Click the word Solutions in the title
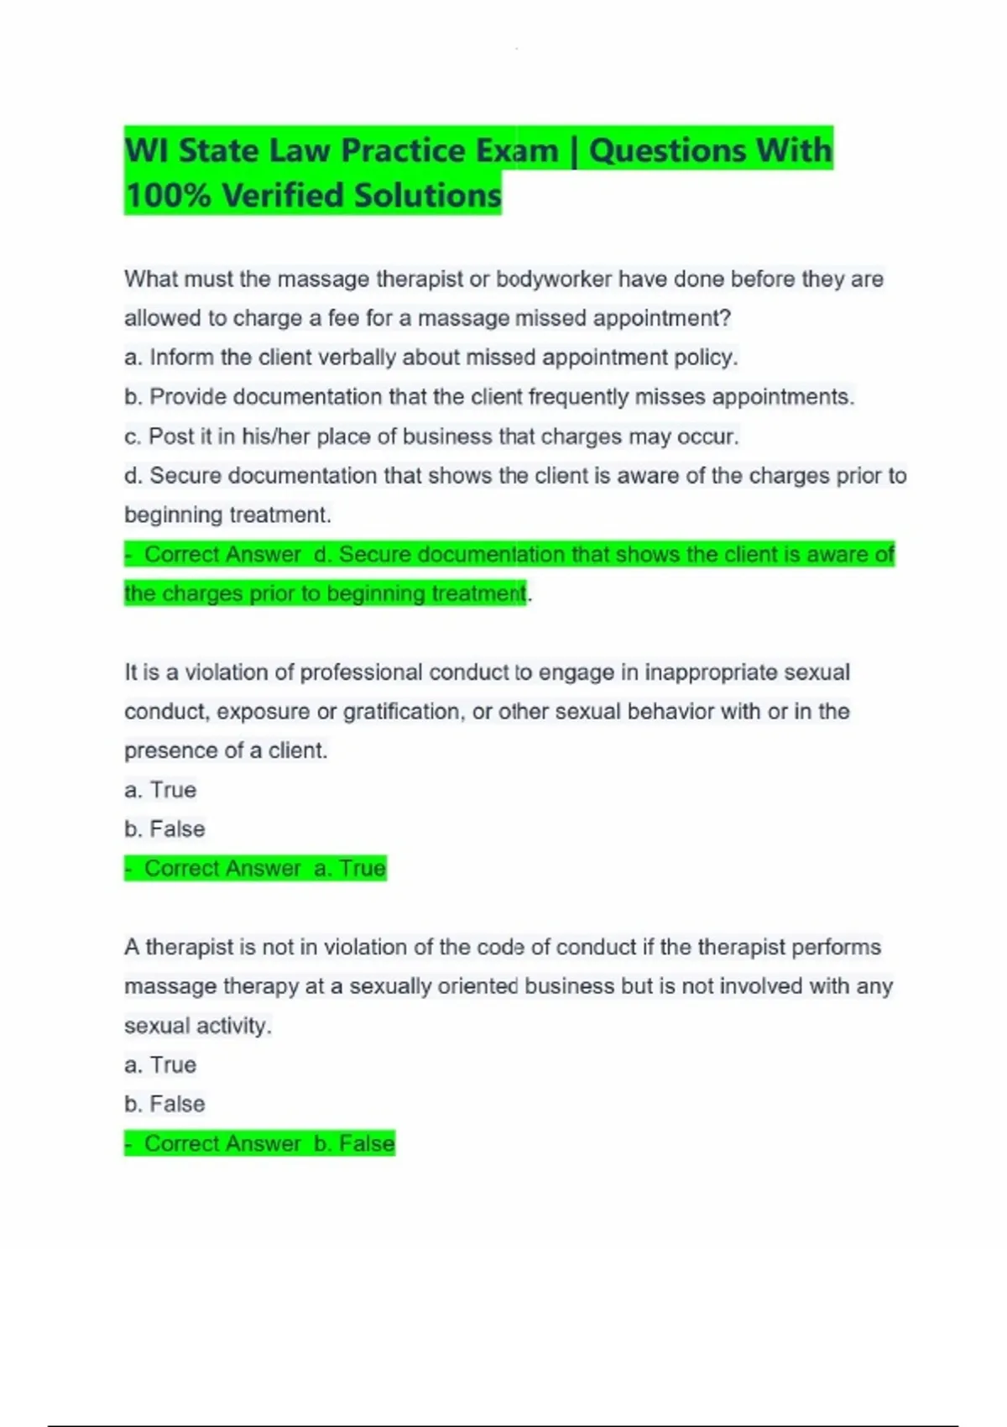tap(427, 196)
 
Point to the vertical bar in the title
tap(574, 152)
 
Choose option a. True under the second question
tap(160, 790)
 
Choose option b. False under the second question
tap(164, 829)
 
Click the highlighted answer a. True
tap(349, 868)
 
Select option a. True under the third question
tap(160, 1064)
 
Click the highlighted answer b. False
tap(353, 1143)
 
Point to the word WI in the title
tap(146, 151)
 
